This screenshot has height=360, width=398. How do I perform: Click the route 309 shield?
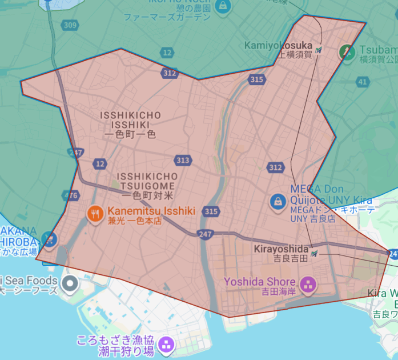(x=70, y=25)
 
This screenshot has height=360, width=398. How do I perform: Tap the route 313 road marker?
(x=183, y=161)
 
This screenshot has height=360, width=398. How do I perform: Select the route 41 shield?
(x=363, y=82)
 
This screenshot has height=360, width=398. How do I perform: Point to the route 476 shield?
(x=71, y=195)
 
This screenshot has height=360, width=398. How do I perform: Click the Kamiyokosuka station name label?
(x=278, y=45)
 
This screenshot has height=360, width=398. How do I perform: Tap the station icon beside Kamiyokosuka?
(x=318, y=50)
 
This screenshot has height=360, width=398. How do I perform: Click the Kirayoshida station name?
(x=280, y=250)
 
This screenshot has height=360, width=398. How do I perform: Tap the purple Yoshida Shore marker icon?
(x=307, y=284)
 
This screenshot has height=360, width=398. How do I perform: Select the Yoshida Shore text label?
(x=260, y=281)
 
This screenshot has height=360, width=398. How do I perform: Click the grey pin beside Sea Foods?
(x=70, y=282)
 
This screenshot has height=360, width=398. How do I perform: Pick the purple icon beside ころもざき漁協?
(x=167, y=344)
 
